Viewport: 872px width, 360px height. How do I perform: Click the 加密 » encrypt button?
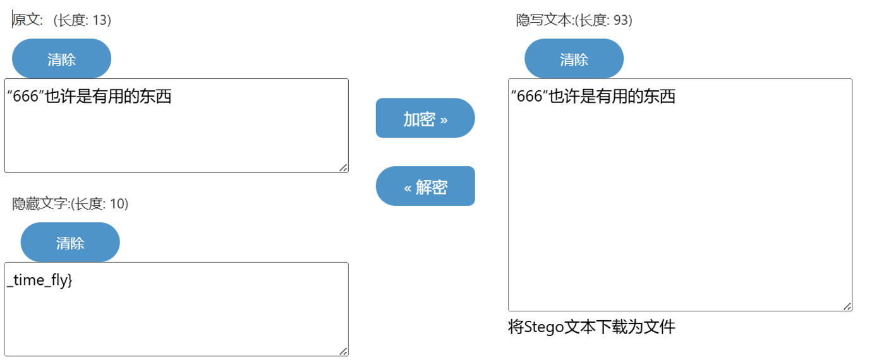coord(425,118)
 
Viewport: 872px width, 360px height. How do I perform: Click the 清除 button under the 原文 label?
coord(61,59)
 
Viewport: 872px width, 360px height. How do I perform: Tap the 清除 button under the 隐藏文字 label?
coord(70,243)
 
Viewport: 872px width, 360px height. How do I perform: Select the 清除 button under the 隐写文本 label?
coord(574,59)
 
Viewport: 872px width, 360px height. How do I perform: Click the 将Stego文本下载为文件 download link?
coord(591,327)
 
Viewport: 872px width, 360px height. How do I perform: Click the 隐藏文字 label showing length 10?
coord(70,203)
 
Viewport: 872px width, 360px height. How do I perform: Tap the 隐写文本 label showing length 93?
coord(574,20)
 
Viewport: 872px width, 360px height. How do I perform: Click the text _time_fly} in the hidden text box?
coord(39,280)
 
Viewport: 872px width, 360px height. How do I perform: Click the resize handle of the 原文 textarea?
coord(343,167)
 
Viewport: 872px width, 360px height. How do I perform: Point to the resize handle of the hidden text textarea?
coord(343,351)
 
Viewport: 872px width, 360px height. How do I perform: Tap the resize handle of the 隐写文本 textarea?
coord(847,306)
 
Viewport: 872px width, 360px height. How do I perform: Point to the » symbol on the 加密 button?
coord(444,119)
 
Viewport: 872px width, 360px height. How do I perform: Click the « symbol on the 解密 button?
coord(408,188)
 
